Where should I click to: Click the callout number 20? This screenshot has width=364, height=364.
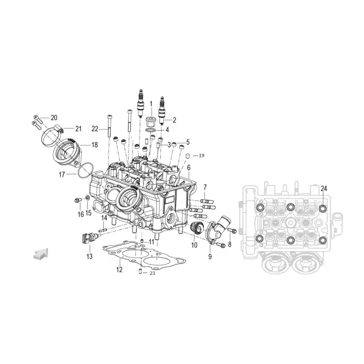click(54, 118)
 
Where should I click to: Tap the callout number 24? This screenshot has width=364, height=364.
click(324, 188)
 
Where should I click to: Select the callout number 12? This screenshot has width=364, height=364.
click(119, 269)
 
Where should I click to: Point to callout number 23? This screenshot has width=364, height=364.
click(152, 273)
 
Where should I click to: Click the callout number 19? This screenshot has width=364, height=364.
click(202, 156)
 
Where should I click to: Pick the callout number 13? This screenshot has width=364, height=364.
click(89, 256)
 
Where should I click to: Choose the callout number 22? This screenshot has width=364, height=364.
click(95, 129)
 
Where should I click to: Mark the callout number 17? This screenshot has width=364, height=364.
click(62, 174)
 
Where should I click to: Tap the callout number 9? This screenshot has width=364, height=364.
click(210, 256)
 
